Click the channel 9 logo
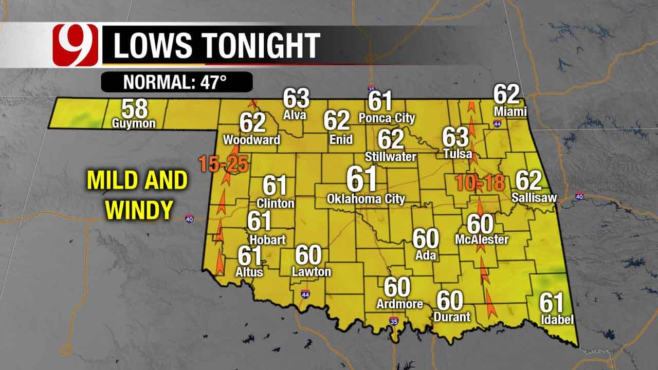(x=75, y=47)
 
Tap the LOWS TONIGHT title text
(x=216, y=46)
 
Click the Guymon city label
(x=134, y=124)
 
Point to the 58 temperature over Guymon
(x=134, y=109)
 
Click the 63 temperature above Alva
(x=296, y=99)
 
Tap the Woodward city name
(x=251, y=140)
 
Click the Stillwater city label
(x=391, y=156)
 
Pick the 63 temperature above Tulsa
(x=455, y=138)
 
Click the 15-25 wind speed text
(x=224, y=165)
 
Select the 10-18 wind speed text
(x=479, y=182)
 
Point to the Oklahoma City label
(x=366, y=198)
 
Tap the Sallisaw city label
(x=534, y=197)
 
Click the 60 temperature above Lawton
(x=308, y=255)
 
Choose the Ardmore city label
(x=399, y=304)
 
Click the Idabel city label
(x=557, y=320)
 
